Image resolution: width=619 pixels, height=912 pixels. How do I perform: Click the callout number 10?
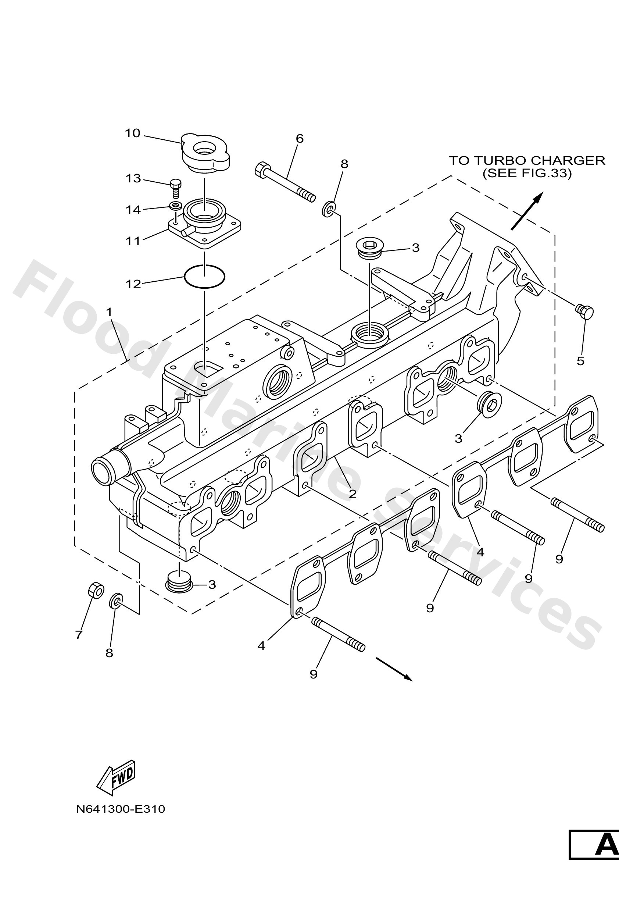[132, 133]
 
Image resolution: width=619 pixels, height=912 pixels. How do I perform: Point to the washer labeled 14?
[175, 205]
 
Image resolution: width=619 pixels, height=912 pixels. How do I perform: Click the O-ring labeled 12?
[204, 277]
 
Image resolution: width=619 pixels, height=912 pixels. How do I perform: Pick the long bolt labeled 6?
[285, 182]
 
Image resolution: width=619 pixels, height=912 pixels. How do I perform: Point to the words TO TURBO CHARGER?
[527, 160]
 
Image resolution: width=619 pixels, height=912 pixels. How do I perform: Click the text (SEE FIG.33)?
[527, 173]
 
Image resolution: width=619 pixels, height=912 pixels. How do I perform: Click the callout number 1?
[109, 312]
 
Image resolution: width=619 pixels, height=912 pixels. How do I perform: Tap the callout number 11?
[133, 241]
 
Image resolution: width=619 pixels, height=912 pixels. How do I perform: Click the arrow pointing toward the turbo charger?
[527, 211]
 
